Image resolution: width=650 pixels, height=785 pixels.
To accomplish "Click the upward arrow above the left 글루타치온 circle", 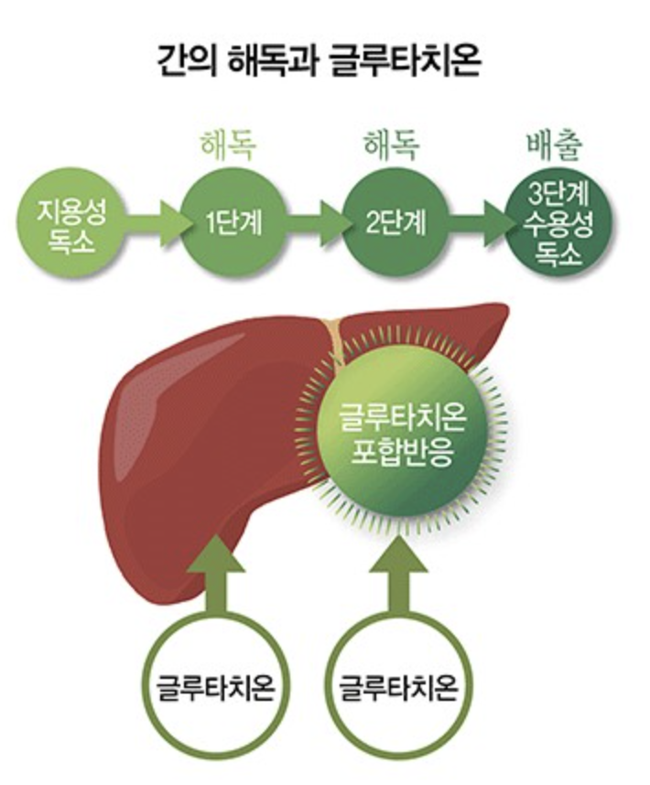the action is click(217, 576).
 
